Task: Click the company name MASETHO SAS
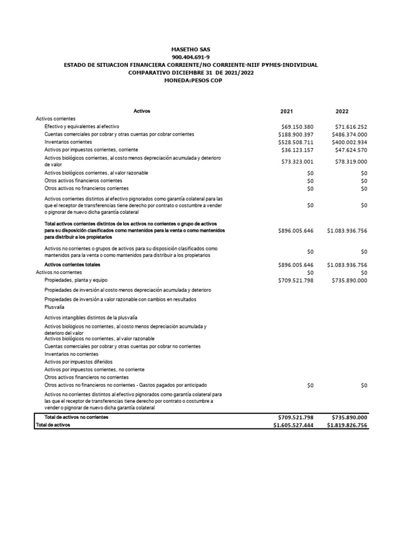point(191,49)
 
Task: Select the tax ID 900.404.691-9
point(191,57)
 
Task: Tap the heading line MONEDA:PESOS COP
point(191,80)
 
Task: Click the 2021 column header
point(286,112)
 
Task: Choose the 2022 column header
point(342,112)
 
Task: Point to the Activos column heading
point(142,111)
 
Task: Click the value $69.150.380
point(297,127)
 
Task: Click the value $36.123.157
point(297,150)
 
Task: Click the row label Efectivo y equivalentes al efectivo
point(82,127)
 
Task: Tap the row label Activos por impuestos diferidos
point(78,362)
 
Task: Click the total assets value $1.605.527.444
point(293,425)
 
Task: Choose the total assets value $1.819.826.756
point(347,425)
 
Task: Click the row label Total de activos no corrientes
point(76,417)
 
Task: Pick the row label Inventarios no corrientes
point(71,354)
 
